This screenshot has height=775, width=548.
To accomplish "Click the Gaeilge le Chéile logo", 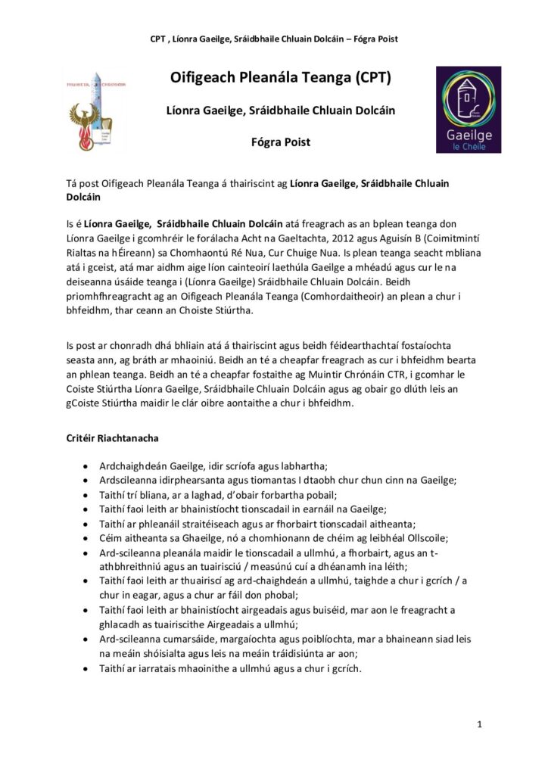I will click(x=468, y=109).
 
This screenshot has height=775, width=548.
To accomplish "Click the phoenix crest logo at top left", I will click(x=95, y=110).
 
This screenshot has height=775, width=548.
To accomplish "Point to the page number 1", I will click(x=480, y=725).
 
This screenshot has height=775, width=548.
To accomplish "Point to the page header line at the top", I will click(x=274, y=39).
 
